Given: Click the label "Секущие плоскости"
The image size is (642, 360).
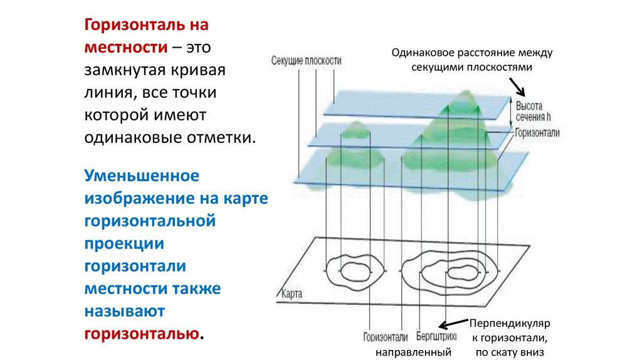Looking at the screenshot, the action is click(x=307, y=61).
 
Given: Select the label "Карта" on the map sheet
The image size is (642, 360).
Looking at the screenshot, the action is click(x=293, y=293).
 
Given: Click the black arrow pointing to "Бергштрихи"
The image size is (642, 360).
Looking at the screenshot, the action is click(x=450, y=325).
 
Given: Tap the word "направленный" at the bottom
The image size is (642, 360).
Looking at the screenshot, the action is click(x=414, y=352).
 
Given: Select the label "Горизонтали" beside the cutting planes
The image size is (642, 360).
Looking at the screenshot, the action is click(x=537, y=133).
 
